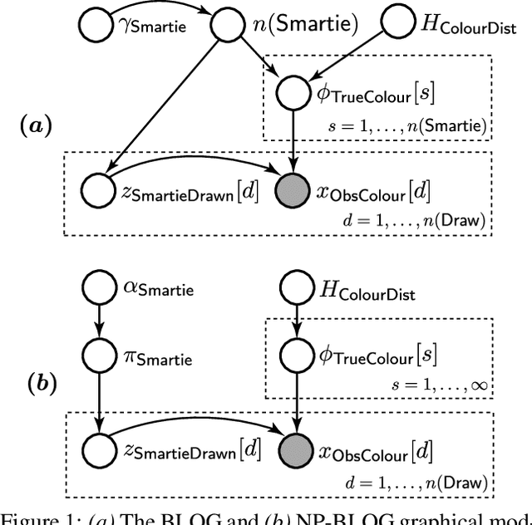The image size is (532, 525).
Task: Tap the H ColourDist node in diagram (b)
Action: coord(295,288)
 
